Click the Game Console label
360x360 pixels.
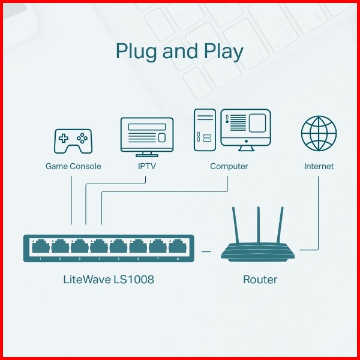[73, 166]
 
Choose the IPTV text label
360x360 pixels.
[146, 166]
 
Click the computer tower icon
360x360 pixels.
[204, 130]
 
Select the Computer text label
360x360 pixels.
[229, 166]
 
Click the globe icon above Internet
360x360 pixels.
[319, 133]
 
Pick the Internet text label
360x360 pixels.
[319, 166]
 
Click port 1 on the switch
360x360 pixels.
[41, 247]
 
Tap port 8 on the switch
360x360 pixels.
[176, 247]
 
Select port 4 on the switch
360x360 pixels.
[99, 247]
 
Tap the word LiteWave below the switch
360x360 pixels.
[84, 280]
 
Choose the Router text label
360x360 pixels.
[260, 280]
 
